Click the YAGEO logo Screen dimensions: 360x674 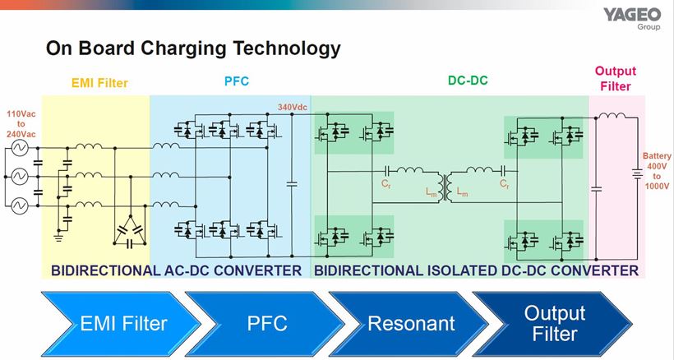pos(631,16)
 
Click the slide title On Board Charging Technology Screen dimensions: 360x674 pos(193,48)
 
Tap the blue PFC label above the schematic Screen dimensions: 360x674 pos(237,82)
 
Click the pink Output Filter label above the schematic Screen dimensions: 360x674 pos(615,78)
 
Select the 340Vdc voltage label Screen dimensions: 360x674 pos(294,107)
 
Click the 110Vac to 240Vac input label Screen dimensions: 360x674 pos(22,123)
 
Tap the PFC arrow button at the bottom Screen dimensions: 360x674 pos(268,323)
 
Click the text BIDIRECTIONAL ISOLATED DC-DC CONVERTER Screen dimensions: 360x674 pos(476,270)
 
